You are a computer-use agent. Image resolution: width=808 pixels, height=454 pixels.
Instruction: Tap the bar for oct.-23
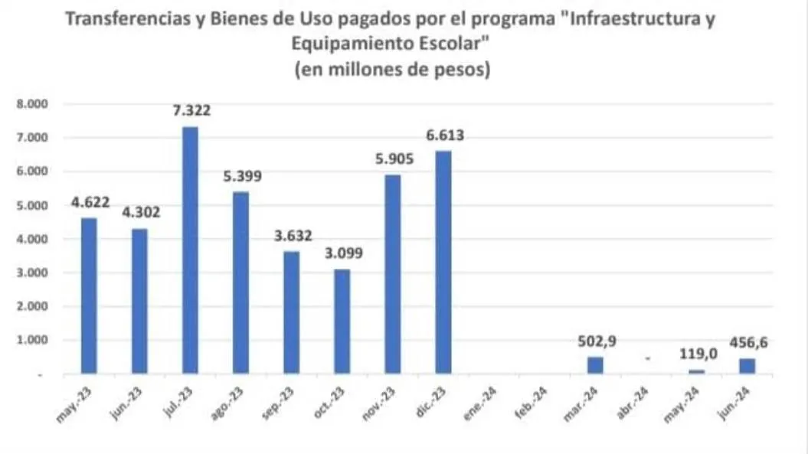coord(342,322)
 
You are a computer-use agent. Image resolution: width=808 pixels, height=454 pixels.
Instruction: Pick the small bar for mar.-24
coord(595,365)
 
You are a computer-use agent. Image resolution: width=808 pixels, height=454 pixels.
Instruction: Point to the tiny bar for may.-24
coord(696,371)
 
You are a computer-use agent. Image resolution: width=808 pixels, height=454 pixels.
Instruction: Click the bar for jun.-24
coord(747,366)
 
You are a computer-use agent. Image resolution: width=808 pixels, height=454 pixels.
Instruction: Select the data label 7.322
coord(190,111)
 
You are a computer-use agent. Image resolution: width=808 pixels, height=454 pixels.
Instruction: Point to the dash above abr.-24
coord(647,358)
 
